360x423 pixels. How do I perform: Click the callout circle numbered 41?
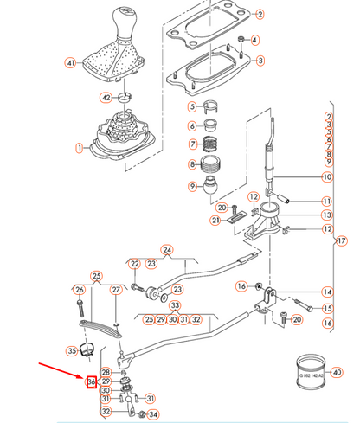(x=70, y=62)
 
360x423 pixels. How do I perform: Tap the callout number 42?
(x=106, y=98)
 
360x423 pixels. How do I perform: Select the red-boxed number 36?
(x=90, y=381)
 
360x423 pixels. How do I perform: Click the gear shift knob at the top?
(x=119, y=26)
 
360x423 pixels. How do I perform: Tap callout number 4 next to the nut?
(x=258, y=40)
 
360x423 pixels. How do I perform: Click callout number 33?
(x=175, y=305)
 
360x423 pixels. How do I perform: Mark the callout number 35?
(x=71, y=350)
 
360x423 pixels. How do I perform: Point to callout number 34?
(x=155, y=413)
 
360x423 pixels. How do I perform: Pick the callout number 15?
(x=327, y=307)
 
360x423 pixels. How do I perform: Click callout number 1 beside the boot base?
(x=80, y=148)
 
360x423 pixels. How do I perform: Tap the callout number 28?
(x=106, y=371)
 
